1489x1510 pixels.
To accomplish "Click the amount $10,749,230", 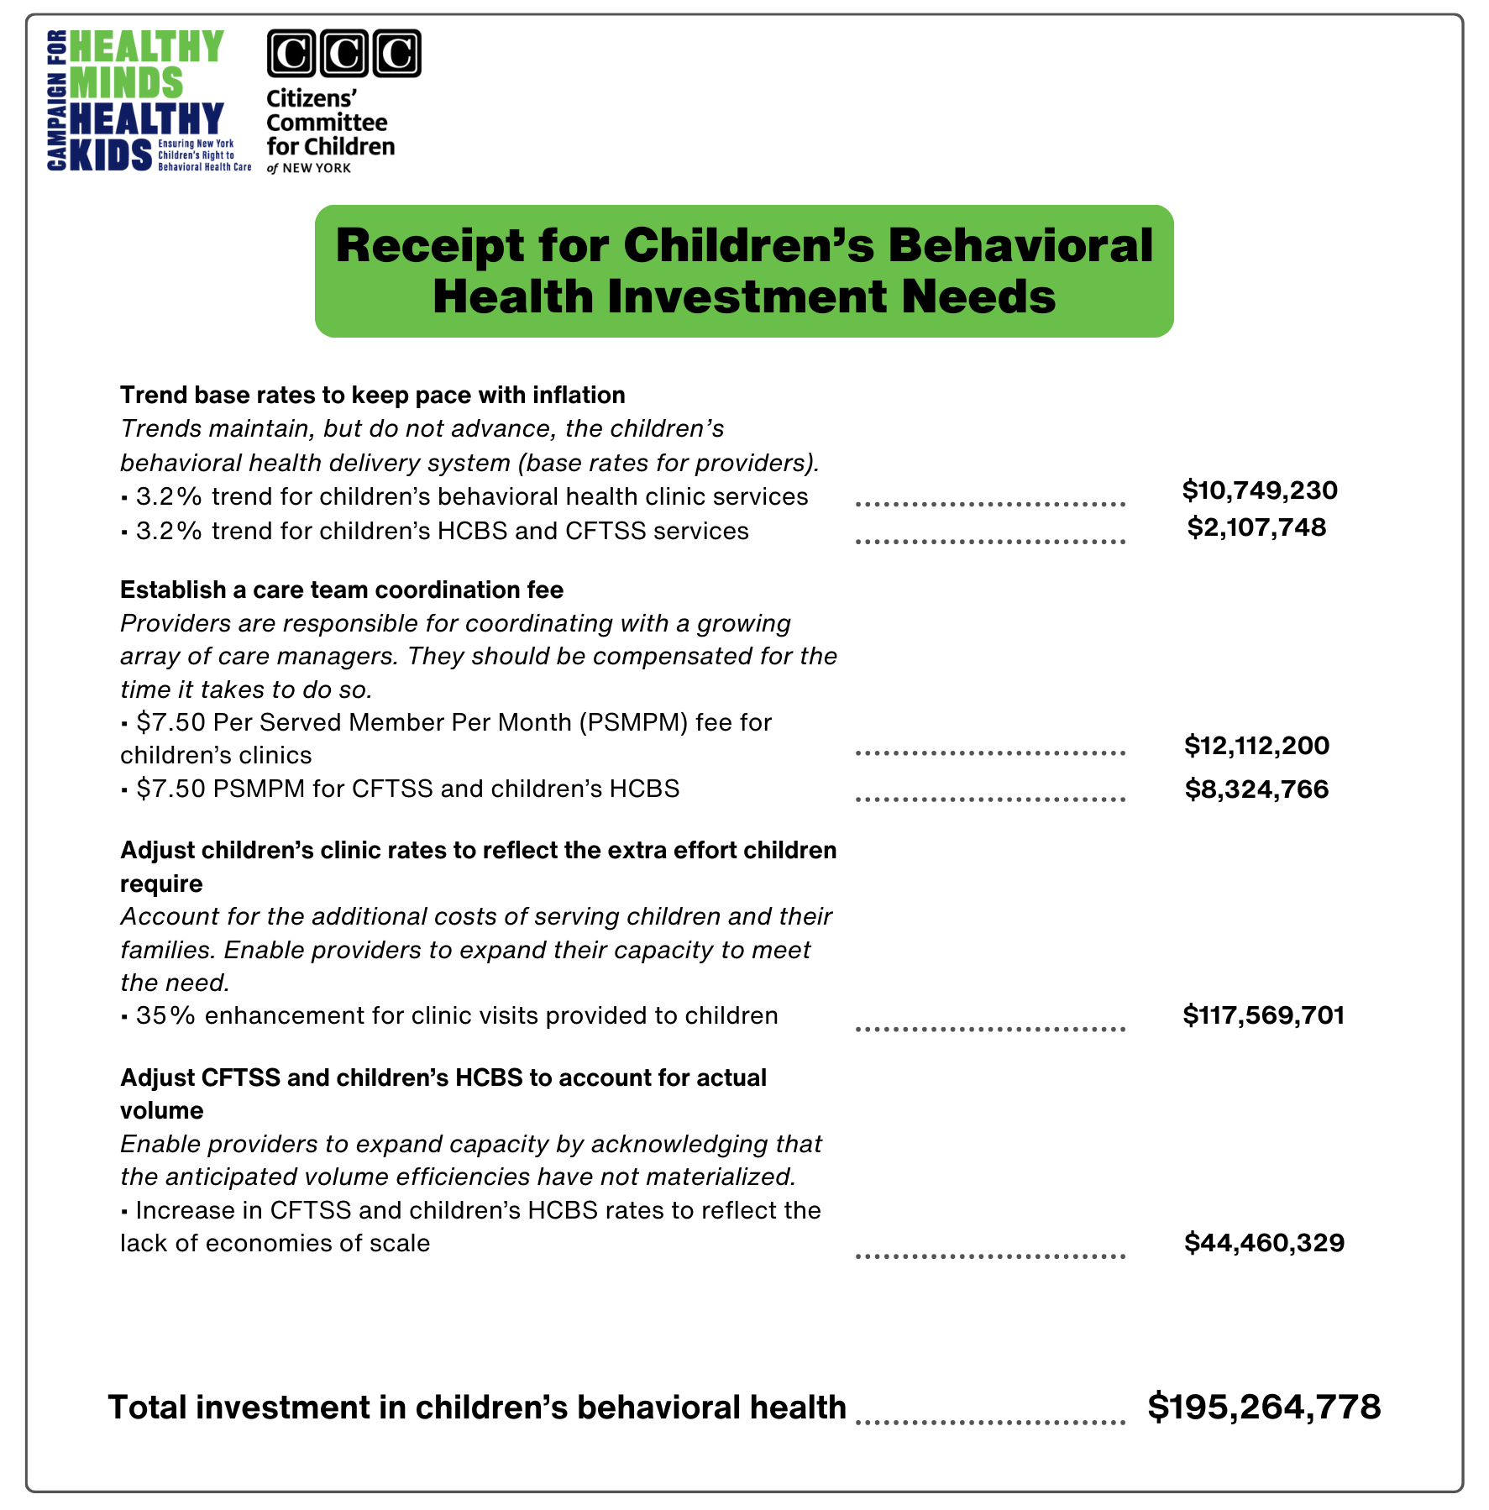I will click(1259, 490).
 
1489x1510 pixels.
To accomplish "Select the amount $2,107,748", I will click(1256, 527).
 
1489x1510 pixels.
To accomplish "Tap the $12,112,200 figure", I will click(1256, 745).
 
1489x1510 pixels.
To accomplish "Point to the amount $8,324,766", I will click(1256, 789).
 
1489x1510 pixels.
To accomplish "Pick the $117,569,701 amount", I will click(1263, 1015).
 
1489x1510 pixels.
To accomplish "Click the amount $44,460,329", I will click(1263, 1242).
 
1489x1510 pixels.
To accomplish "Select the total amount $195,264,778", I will click(1263, 1407).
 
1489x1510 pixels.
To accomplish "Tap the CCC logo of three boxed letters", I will click(343, 54).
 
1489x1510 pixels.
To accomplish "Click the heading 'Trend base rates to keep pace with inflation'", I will click(372, 395).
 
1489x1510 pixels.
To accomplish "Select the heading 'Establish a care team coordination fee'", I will click(341, 590).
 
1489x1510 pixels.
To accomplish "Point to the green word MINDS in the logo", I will click(126, 83).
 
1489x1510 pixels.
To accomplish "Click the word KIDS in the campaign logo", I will click(112, 155).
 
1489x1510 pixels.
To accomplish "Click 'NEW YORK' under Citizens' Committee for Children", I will click(317, 168).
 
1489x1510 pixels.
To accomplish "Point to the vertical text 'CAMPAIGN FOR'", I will click(57, 101).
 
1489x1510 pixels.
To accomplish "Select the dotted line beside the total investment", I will click(990, 1422).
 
